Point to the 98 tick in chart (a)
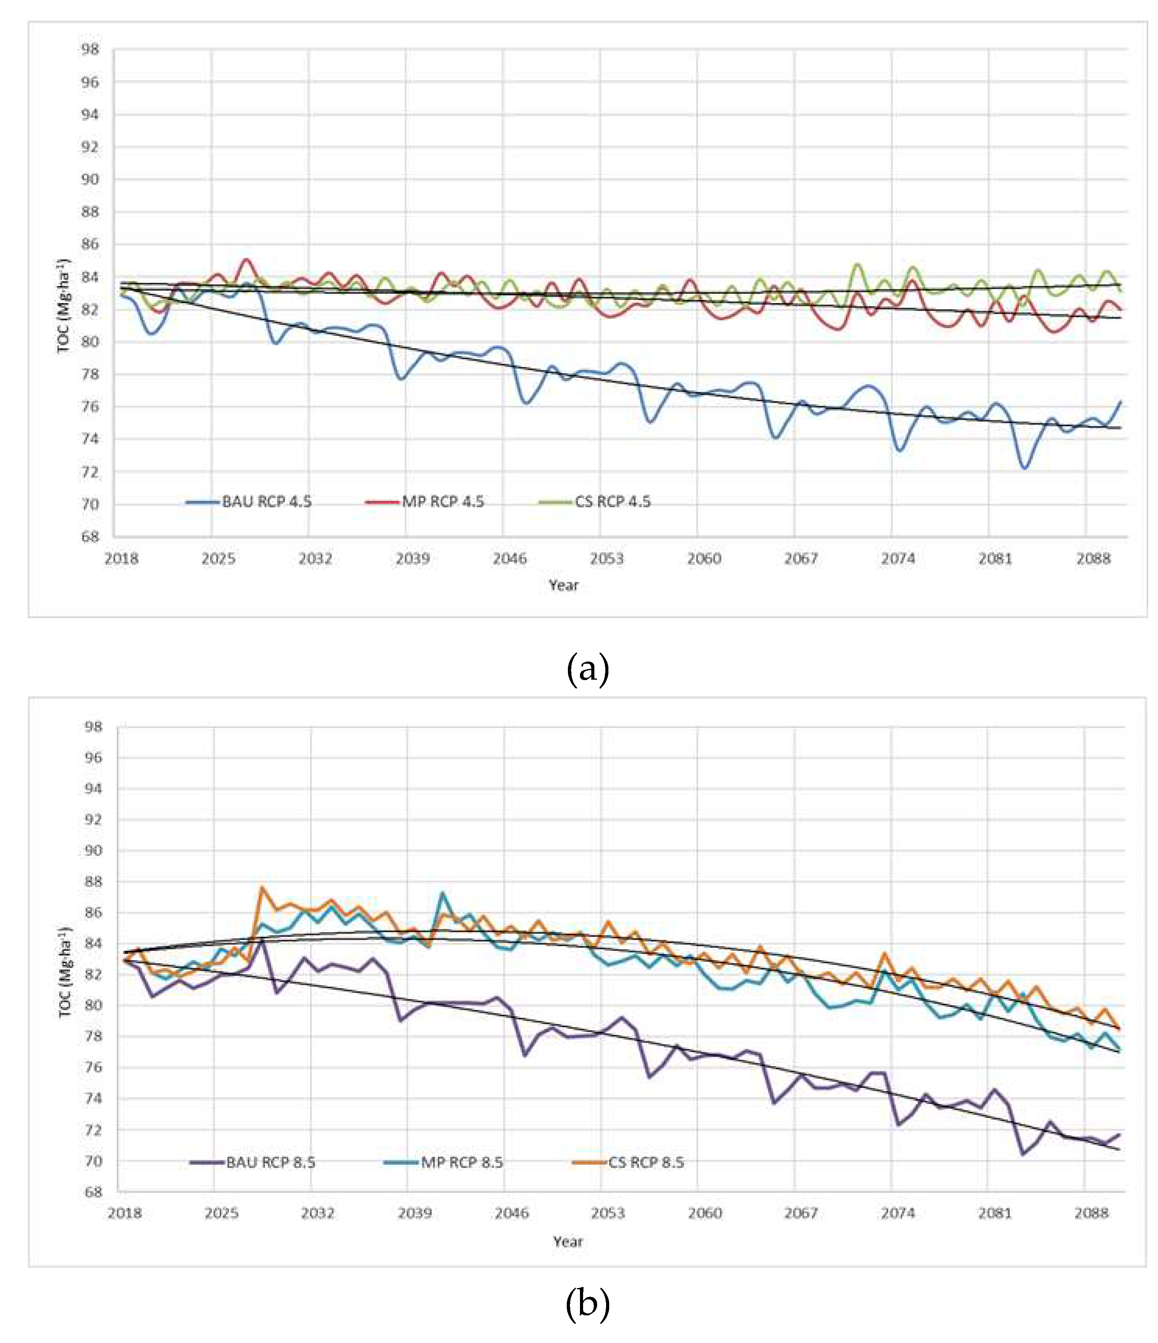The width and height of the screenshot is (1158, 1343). [90, 49]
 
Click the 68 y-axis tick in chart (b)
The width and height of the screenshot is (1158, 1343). [93, 1192]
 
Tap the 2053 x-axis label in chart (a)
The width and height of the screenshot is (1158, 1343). [606, 559]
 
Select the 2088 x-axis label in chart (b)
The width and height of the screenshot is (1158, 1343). [1091, 1213]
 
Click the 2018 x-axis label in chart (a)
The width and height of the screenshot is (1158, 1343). [121, 559]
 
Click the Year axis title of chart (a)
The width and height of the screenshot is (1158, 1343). [563, 585]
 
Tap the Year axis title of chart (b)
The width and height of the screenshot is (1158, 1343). [568, 1241]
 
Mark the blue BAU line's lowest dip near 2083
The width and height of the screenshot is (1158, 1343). [1024, 468]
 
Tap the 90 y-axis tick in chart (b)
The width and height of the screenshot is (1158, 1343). [93, 850]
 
